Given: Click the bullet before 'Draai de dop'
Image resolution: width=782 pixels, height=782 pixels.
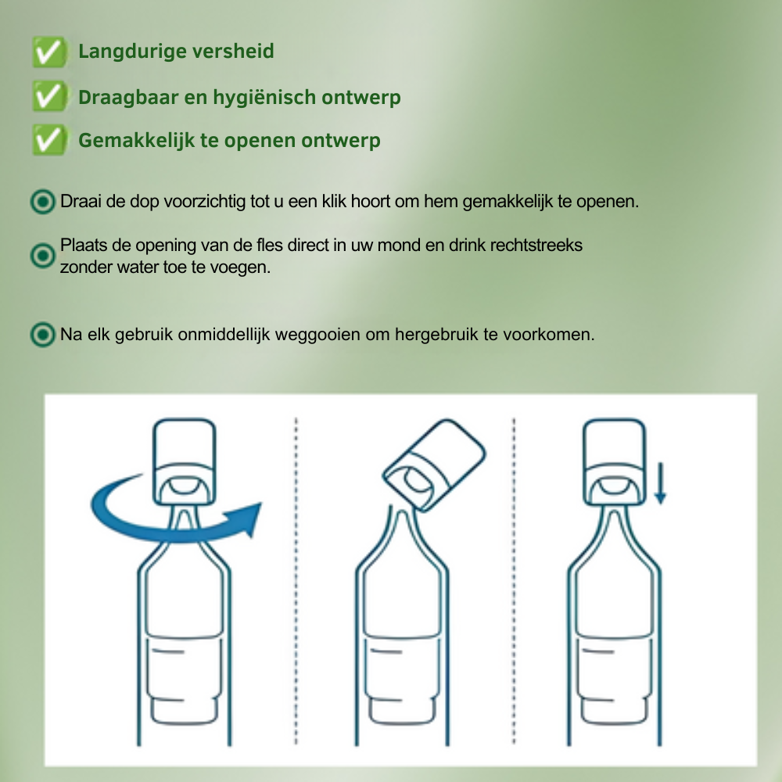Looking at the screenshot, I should [42, 202].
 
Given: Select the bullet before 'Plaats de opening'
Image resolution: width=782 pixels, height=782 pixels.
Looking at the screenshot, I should [42, 256].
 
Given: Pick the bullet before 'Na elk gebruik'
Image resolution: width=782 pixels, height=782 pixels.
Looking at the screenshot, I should [42, 335].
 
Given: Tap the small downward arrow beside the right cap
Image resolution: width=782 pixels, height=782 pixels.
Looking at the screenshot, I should [660, 485].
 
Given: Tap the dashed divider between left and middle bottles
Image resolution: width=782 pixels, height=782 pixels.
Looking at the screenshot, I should [296, 579].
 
